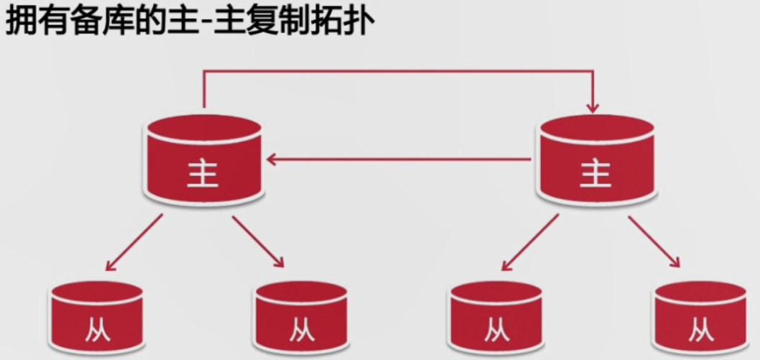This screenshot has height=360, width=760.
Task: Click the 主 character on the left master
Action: point(203,173)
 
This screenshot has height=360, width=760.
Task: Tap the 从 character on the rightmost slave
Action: point(700,330)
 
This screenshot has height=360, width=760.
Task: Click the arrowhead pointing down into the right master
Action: point(592,108)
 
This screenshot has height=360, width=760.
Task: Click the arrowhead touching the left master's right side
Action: point(271,157)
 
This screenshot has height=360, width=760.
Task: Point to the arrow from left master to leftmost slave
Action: point(134,242)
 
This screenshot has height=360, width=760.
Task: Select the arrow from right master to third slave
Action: point(529,242)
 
